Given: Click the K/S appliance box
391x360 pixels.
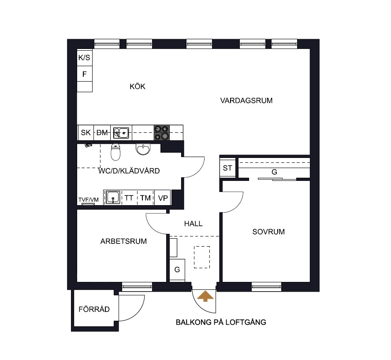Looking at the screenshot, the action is tap(85, 57).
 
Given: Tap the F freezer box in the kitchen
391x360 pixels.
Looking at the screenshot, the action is tap(85, 74).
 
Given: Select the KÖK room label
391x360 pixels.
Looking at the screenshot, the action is tap(138, 86).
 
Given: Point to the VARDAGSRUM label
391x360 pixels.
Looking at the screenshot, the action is tap(246, 101).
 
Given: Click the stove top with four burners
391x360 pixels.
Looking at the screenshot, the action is tap(162, 132).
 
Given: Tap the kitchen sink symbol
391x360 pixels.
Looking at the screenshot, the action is tap(121, 133).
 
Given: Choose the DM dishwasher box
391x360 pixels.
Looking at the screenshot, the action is tap(102, 132).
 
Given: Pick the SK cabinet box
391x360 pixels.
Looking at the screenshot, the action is tap(85, 132).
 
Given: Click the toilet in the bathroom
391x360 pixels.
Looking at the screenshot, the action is tap(115, 152).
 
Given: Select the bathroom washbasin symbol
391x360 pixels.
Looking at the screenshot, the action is tap(143, 150).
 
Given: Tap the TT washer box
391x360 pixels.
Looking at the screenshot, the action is tap(129, 198).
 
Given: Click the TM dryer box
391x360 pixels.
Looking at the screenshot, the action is tap(145, 198).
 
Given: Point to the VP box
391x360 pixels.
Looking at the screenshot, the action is tap(163, 198).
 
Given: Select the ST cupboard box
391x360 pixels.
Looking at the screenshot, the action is tap(227, 168).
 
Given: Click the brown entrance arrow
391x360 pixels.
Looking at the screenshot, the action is tap(205, 296).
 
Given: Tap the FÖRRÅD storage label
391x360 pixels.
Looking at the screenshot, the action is tap(94, 309).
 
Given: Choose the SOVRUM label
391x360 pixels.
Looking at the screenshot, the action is tap(268, 232).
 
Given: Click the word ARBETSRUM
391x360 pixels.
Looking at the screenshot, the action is tap(124, 241).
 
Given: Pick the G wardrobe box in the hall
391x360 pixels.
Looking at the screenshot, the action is tap(177, 270).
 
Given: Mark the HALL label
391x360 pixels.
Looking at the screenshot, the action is tap(193, 224).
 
